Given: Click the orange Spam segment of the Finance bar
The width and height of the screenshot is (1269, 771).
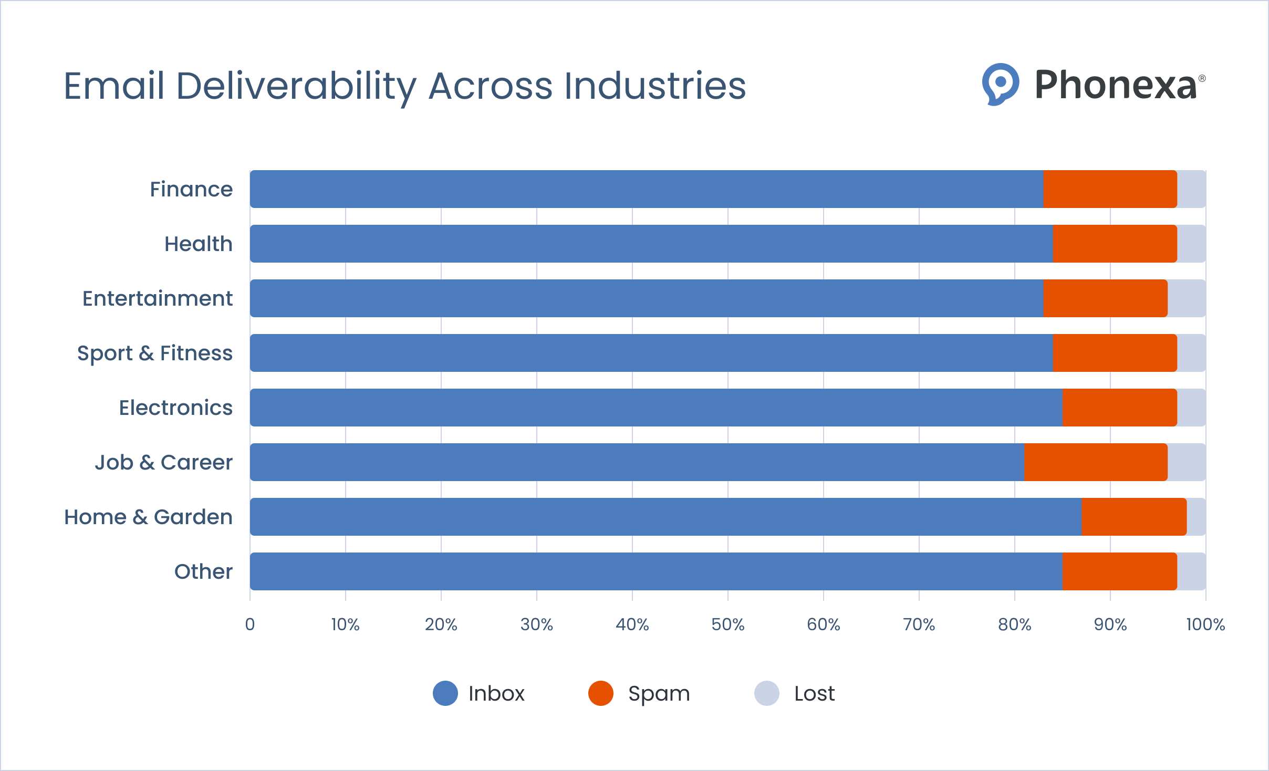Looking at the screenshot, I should tap(1109, 189).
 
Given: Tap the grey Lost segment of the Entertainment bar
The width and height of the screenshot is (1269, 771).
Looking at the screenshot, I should tap(1186, 298).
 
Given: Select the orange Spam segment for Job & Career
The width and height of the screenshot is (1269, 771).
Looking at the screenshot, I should tap(1095, 462).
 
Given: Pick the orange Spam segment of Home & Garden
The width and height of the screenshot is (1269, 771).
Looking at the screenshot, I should tap(1133, 517).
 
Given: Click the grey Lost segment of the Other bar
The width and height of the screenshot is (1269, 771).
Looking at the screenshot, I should tap(1191, 571).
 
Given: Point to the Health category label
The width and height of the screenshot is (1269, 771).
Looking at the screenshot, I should tap(198, 244).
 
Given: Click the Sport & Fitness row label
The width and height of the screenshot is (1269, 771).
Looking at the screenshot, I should tap(154, 353).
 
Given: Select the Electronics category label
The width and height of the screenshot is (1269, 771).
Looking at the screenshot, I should tap(175, 408).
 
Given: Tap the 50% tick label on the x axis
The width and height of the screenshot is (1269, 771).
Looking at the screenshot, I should tap(727, 624).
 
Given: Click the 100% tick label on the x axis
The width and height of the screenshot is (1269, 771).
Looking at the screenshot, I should tap(1205, 624).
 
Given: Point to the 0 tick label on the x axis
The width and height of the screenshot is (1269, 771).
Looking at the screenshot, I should tap(250, 624).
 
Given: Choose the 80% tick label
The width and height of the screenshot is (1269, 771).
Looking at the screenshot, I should tap(1014, 624).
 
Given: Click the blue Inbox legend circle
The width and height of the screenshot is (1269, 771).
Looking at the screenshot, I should tap(445, 693).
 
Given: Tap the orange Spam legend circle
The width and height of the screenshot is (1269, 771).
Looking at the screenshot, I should tap(600, 693).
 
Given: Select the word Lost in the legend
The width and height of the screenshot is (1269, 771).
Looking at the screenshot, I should tap(814, 694).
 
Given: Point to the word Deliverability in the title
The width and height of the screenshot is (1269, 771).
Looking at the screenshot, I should tap(296, 86).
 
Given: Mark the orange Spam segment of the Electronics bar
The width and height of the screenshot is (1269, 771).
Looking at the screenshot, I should tap(1119, 408).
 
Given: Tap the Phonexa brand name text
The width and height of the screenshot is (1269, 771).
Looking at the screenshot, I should tap(1115, 85).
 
